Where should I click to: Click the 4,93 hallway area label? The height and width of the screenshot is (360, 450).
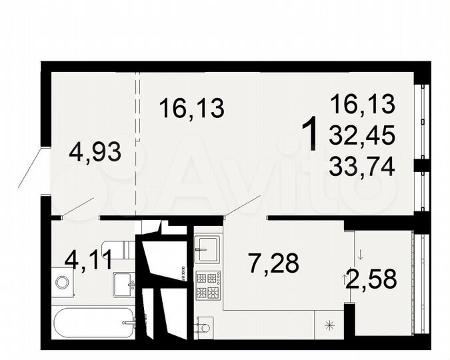[95, 153]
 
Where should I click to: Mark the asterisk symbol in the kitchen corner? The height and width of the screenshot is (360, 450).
[328, 325]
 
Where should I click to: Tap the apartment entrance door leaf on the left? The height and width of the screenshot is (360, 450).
[31, 169]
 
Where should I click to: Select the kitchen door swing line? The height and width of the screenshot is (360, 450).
[242, 205]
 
